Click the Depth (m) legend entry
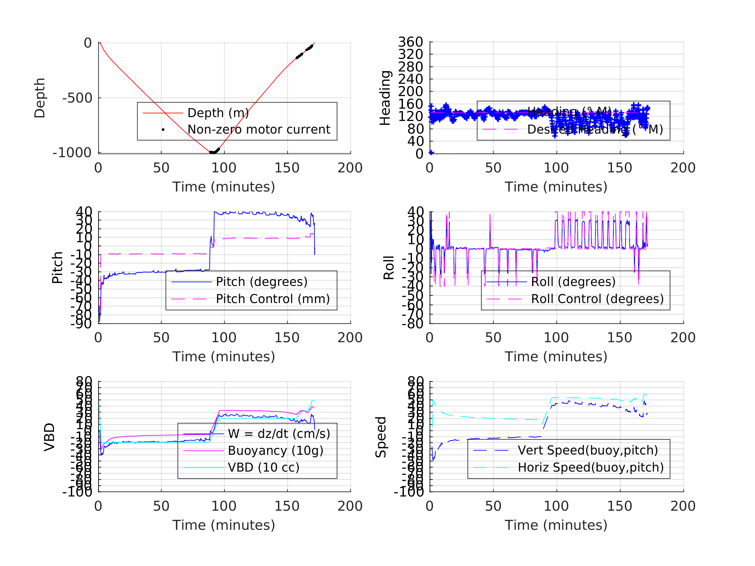[x=218, y=113]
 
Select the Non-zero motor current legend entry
[x=259, y=130]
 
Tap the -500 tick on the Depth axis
[x=77, y=98]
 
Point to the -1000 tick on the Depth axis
[x=72, y=153]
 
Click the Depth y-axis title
[x=40, y=98]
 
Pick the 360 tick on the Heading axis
[x=411, y=42]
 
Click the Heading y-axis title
[x=385, y=98]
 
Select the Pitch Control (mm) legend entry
[x=273, y=299]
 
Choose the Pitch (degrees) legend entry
[x=262, y=282]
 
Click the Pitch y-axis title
[x=57, y=267]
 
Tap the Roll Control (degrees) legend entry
[x=597, y=299]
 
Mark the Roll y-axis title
[x=389, y=267]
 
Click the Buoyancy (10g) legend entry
[x=275, y=451]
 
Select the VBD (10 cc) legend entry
[x=263, y=467]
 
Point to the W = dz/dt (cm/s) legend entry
[x=279, y=434]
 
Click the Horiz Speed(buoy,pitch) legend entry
[x=591, y=467]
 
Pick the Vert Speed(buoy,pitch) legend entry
[x=588, y=450]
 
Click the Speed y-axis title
[x=381, y=437]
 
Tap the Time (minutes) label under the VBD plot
[x=224, y=525]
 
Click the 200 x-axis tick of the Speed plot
[x=683, y=506]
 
